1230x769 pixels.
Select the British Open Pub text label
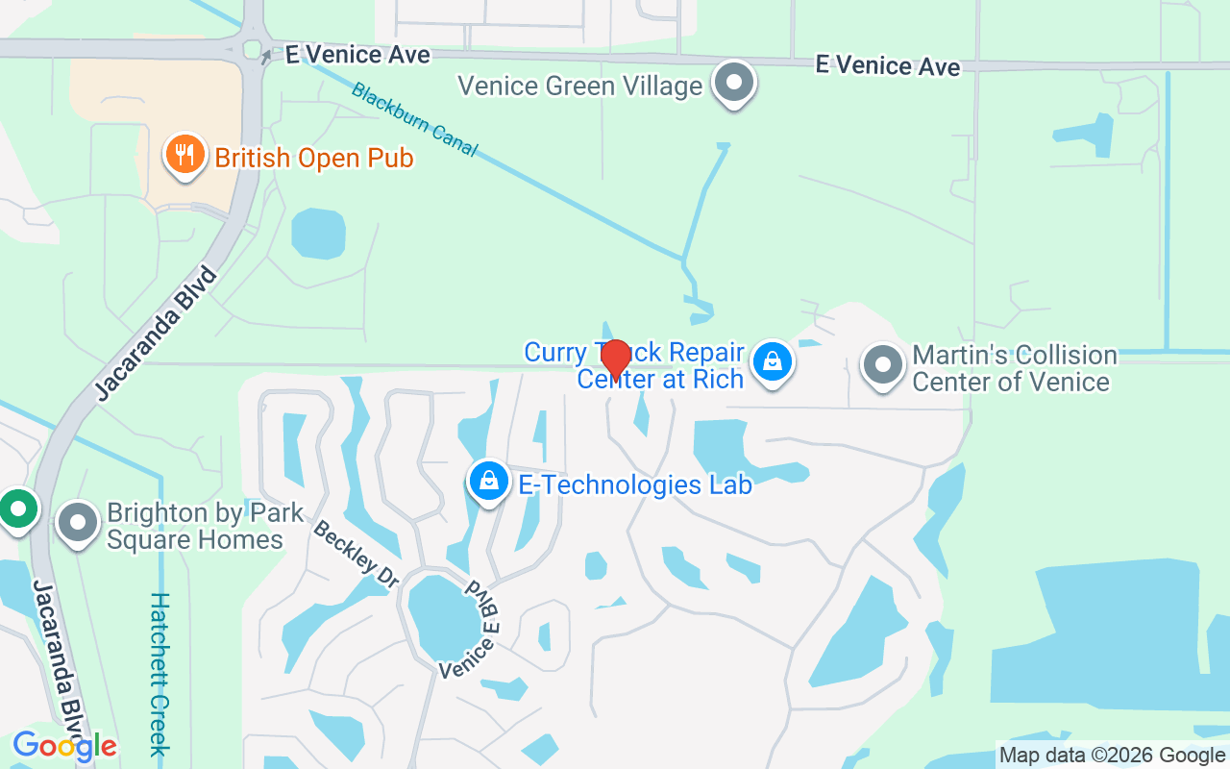(x=314, y=158)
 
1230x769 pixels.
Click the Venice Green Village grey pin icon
(x=735, y=83)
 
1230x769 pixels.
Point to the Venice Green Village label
(x=579, y=87)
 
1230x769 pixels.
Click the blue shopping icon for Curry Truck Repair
(x=772, y=361)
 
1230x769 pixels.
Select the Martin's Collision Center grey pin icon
(x=882, y=365)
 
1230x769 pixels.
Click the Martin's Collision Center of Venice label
(x=1014, y=369)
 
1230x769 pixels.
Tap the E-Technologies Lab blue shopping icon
(x=489, y=480)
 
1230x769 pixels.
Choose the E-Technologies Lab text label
(x=635, y=484)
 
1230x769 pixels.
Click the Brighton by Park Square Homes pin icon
(x=78, y=524)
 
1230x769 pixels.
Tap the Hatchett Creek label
(x=160, y=673)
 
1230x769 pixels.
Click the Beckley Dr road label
(x=357, y=555)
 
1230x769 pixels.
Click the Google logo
(x=64, y=746)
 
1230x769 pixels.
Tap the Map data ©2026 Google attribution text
(x=1113, y=756)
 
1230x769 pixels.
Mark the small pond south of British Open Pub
(x=318, y=233)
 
